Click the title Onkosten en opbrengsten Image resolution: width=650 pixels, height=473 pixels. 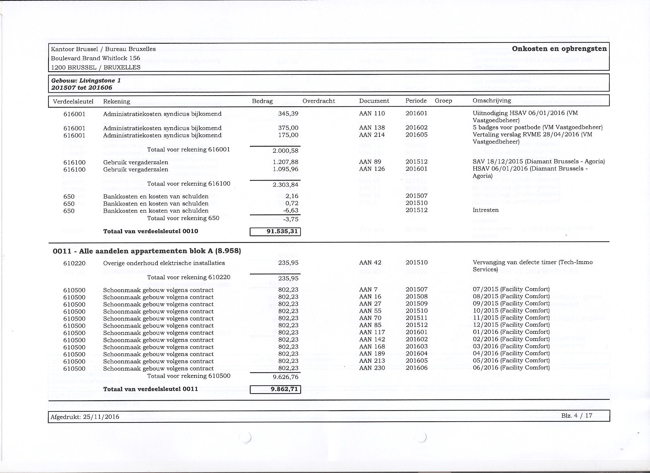click(559, 49)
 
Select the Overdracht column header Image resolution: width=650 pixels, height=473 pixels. click(318, 101)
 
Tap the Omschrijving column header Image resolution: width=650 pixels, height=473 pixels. click(492, 100)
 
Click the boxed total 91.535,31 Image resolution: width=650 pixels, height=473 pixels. click(275, 231)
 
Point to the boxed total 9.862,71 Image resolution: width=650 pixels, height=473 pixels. click(275, 389)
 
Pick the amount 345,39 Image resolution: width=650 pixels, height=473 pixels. click(288, 114)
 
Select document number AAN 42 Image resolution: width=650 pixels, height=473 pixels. click(370, 262)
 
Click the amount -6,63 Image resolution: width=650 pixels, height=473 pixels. click(290, 211)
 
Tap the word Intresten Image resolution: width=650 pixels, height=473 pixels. click(485, 210)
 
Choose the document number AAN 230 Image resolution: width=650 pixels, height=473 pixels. click(372, 368)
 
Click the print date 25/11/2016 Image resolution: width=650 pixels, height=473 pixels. click(101, 417)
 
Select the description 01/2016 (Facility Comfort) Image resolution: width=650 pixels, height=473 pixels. click(511, 332)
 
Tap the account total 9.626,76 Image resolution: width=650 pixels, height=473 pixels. click(286, 377)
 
